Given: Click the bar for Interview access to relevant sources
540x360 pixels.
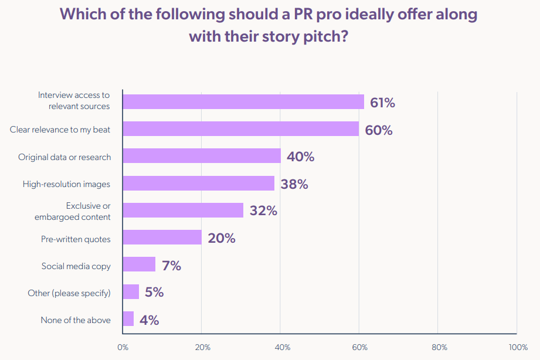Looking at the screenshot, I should (243, 102).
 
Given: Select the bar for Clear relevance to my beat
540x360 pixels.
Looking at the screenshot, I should (240, 129).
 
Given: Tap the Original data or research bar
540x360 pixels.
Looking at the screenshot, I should (202, 156).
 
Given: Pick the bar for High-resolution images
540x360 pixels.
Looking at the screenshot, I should (198, 184).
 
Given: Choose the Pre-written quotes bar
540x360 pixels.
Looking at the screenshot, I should (162, 237).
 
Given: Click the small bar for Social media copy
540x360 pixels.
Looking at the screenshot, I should (139, 264).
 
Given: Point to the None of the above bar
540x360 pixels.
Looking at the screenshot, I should (128, 319).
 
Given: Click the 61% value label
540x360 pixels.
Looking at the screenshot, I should (382, 103).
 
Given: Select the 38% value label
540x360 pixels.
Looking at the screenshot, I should (294, 184).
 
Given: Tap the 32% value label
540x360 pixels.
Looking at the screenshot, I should (263, 210).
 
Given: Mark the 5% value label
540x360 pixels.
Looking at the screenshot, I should (154, 292).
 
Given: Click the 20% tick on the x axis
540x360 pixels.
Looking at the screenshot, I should (202, 347).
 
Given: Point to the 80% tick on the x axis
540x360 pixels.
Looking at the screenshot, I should (439, 347).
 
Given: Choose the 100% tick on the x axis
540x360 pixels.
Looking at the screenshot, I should (518, 347).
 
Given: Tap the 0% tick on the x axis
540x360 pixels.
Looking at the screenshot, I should (123, 347).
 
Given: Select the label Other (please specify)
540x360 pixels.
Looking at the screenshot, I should (69, 293).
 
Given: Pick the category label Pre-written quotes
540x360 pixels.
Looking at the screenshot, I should (76, 239).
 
